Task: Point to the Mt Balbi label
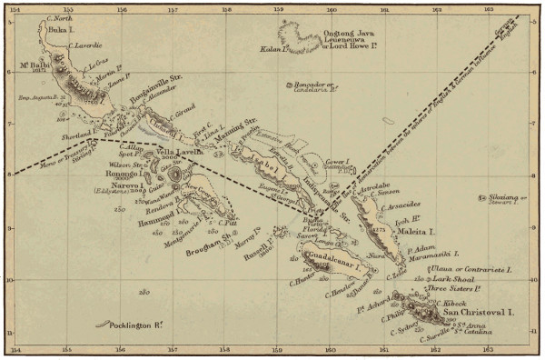point(34,66)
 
